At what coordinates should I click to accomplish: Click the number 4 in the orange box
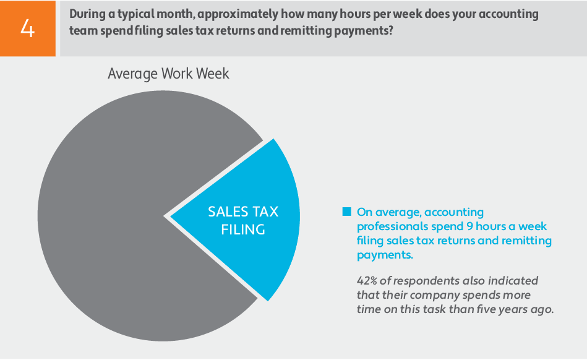pyautogui.click(x=28, y=28)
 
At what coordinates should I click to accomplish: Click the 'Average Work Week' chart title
pyautogui.click(x=168, y=74)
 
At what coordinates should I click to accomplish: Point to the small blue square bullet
pyautogui.click(x=346, y=212)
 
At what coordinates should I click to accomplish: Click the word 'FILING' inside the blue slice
pyautogui.click(x=243, y=230)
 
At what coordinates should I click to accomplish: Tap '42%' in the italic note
pyautogui.click(x=369, y=281)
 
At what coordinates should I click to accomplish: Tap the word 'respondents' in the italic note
pyautogui.click(x=426, y=281)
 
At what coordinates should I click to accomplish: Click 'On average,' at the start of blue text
pyautogui.click(x=388, y=212)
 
